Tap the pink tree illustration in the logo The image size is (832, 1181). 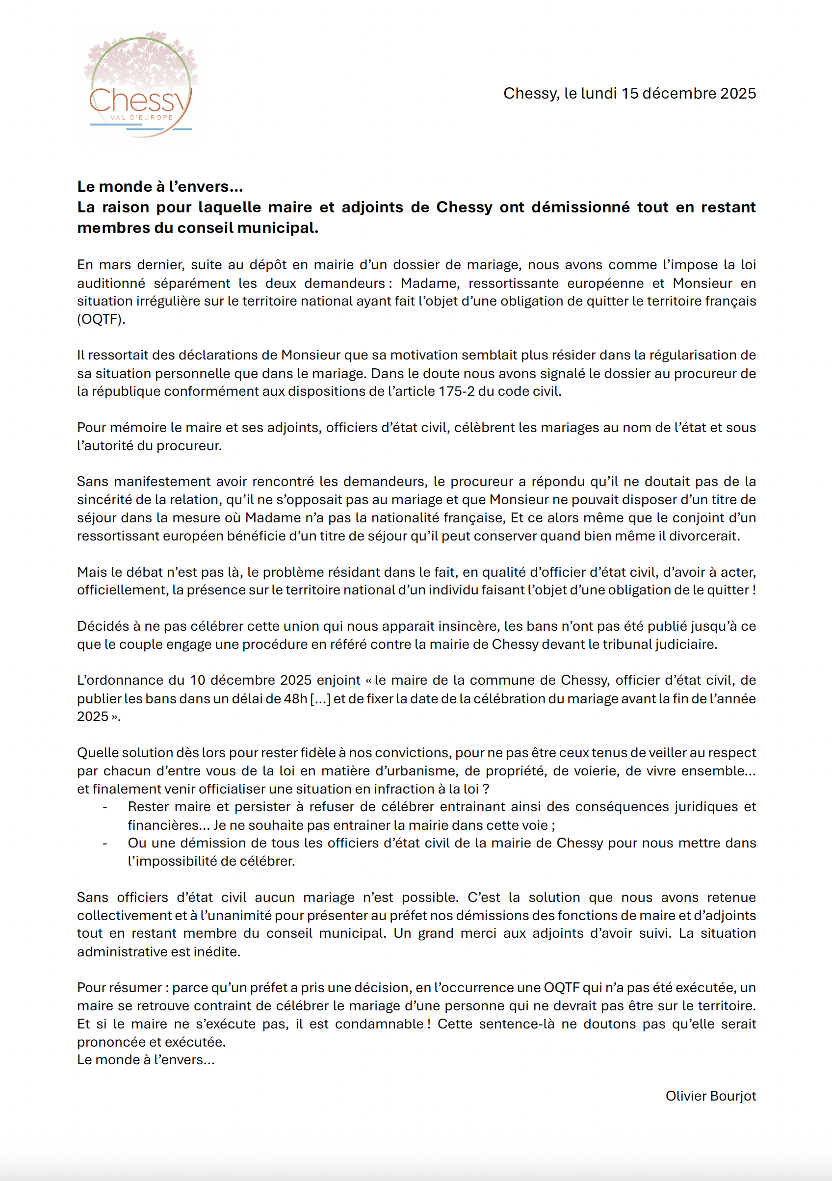click(x=141, y=59)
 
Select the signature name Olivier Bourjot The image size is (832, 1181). click(x=710, y=1096)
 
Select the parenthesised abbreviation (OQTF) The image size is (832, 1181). click(x=101, y=319)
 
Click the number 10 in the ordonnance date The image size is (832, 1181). click(x=198, y=680)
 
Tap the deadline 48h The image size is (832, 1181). click(x=295, y=698)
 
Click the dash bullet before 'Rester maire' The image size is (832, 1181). click(x=105, y=806)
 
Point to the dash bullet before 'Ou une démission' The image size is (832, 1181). click(x=105, y=843)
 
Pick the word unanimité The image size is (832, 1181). click(x=241, y=915)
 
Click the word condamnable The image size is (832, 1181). click(x=379, y=1024)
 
